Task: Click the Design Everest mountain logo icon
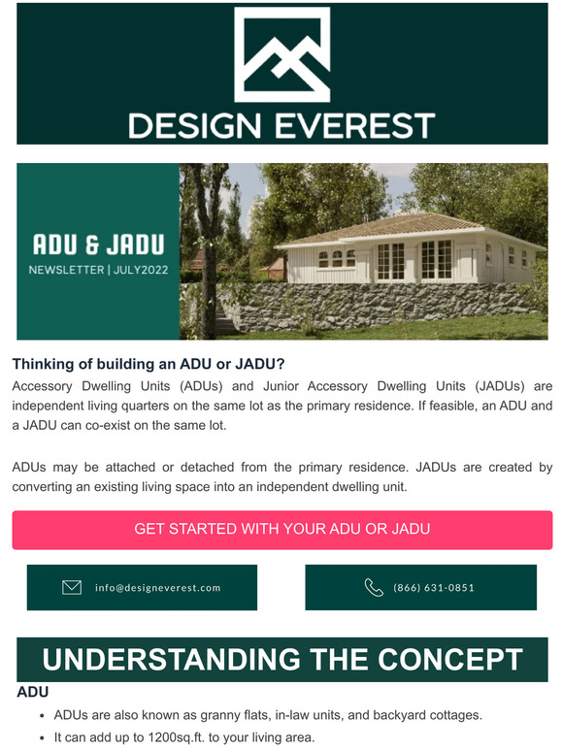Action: pyautogui.click(x=281, y=55)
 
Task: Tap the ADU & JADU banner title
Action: pyautogui.click(x=98, y=243)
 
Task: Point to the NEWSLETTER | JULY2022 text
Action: pyautogui.click(x=98, y=270)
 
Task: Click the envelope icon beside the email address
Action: pyautogui.click(x=72, y=587)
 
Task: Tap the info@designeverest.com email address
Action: pyautogui.click(x=158, y=588)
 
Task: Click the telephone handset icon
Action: pyautogui.click(x=374, y=587)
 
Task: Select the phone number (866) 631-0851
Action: pyautogui.click(x=434, y=588)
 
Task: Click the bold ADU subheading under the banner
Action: pyautogui.click(x=33, y=693)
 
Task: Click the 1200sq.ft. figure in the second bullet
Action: pyautogui.click(x=169, y=737)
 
